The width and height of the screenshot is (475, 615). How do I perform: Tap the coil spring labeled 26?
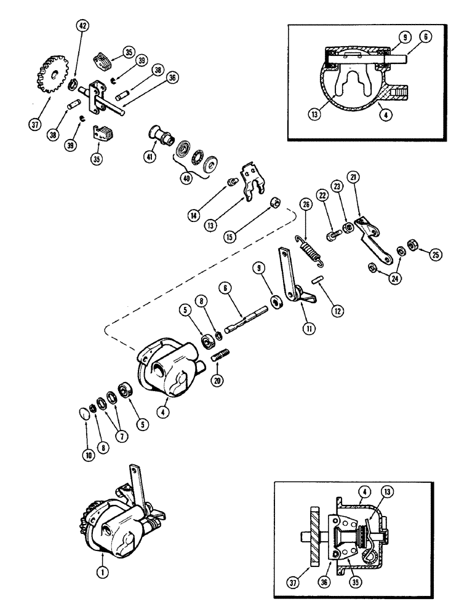click(x=311, y=252)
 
